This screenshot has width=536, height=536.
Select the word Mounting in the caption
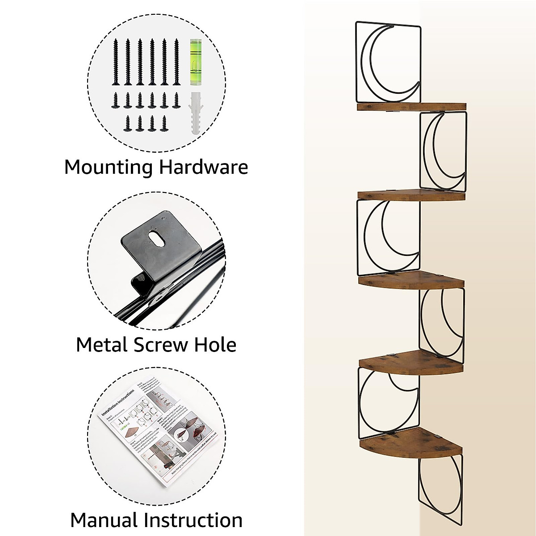(x=109, y=167)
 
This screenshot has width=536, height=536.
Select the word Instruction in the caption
(x=193, y=521)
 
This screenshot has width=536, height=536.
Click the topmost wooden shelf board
(x=411, y=107)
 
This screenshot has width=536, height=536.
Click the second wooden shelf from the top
(x=411, y=195)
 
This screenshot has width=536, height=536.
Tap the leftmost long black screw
(x=116, y=61)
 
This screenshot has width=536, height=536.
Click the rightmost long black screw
(x=176, y=61)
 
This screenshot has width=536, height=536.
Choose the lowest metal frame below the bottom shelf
(x=440, y=487)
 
